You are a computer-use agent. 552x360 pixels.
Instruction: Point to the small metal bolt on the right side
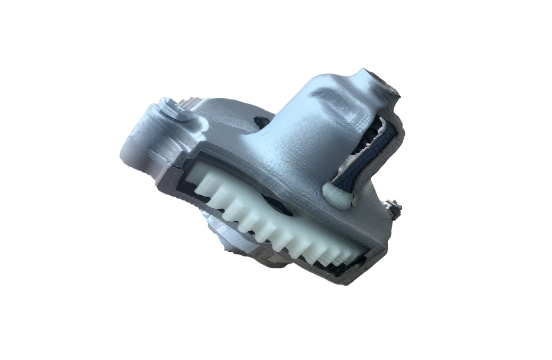394,209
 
